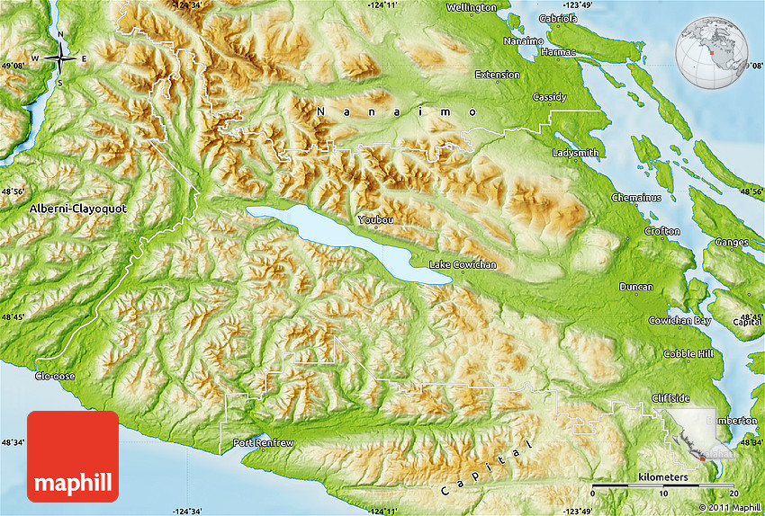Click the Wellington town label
point(471,7)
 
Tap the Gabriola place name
point(557,17)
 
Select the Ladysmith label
point(575,153)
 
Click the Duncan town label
point(636,287)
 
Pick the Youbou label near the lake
point(375,219)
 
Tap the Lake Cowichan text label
point(463,264)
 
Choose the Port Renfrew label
point(262,442)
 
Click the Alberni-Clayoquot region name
point(78,208)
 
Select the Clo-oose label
point(56,376)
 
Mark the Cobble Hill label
point(688,353)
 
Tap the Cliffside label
point(670,397)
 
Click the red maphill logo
point(73,457)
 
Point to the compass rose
point(60,59)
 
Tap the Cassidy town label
point(549,97)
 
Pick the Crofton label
point(661,231)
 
